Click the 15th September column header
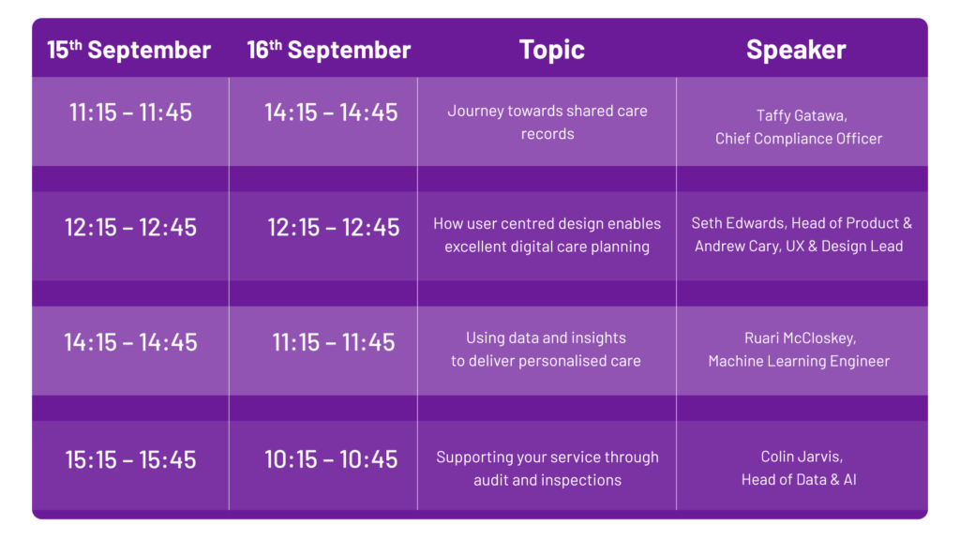129,50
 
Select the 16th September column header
329,50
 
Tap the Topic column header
551,50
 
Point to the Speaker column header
796,50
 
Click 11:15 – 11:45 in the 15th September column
130,112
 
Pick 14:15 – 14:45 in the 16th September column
331,112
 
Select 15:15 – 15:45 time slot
130,459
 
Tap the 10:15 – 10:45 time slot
331,459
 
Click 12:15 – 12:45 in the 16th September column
334,228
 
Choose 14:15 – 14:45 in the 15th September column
130,342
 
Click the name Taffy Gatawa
801,115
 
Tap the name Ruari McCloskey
800,337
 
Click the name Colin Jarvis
802,457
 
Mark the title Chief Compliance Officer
799,139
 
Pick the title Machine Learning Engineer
799,361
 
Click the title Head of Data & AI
799,480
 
